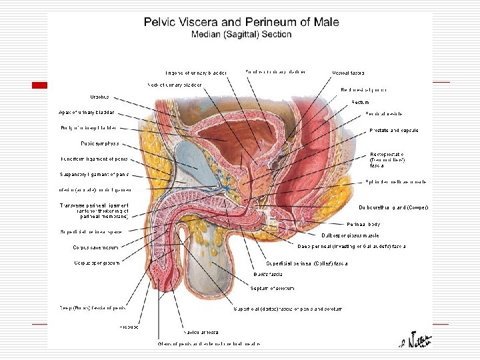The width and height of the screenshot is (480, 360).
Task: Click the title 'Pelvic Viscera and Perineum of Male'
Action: click(x=241, y=22)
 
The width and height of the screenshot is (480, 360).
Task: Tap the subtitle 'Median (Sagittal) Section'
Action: click(x=241, y=34)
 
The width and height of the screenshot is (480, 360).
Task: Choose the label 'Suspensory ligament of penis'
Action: click(x=94, y=174)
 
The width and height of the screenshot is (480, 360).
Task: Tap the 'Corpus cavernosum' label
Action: click(x=96, y=247)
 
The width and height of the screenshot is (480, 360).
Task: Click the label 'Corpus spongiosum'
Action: click(x=97, y=263)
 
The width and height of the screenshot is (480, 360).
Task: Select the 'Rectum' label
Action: click(x=360, y=102)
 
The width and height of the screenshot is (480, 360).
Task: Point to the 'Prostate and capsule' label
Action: click(x=393, y=130)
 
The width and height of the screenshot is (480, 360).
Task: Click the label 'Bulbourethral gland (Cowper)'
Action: click(x=393, y=208)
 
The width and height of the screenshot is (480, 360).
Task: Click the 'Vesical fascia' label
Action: click(x=347, y=72)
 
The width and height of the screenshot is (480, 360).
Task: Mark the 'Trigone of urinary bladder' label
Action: click(x=197, y=72)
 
